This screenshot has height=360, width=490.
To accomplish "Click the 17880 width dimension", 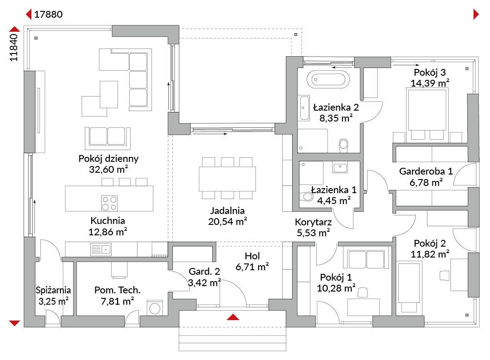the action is tap(48, 15).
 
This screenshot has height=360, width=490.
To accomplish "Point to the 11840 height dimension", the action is tap(14, 48).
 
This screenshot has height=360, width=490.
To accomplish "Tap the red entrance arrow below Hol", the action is tap(233, 317).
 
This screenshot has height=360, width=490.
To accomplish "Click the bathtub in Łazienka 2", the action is tap(328, 79).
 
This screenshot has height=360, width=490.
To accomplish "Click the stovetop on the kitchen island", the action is tap(109, 203).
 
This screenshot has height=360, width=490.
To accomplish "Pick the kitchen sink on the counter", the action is tap(101, 250).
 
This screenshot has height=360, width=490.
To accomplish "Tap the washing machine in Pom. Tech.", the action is tap(155, 308).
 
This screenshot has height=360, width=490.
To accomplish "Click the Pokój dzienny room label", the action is tap(108, 159).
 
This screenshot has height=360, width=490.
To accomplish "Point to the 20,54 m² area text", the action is tap(227, 221).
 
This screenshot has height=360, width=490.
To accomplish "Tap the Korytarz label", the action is tap(313, 222).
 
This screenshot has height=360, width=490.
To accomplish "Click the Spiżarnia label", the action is tap(53, 290).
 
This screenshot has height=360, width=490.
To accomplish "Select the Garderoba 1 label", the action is tap(426, 171).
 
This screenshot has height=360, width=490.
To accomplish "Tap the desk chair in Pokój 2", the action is tap(444, 275).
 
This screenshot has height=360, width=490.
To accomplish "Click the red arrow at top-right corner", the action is tap(476, 15).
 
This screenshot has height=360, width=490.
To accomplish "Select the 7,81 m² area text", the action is tap(117, 302).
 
